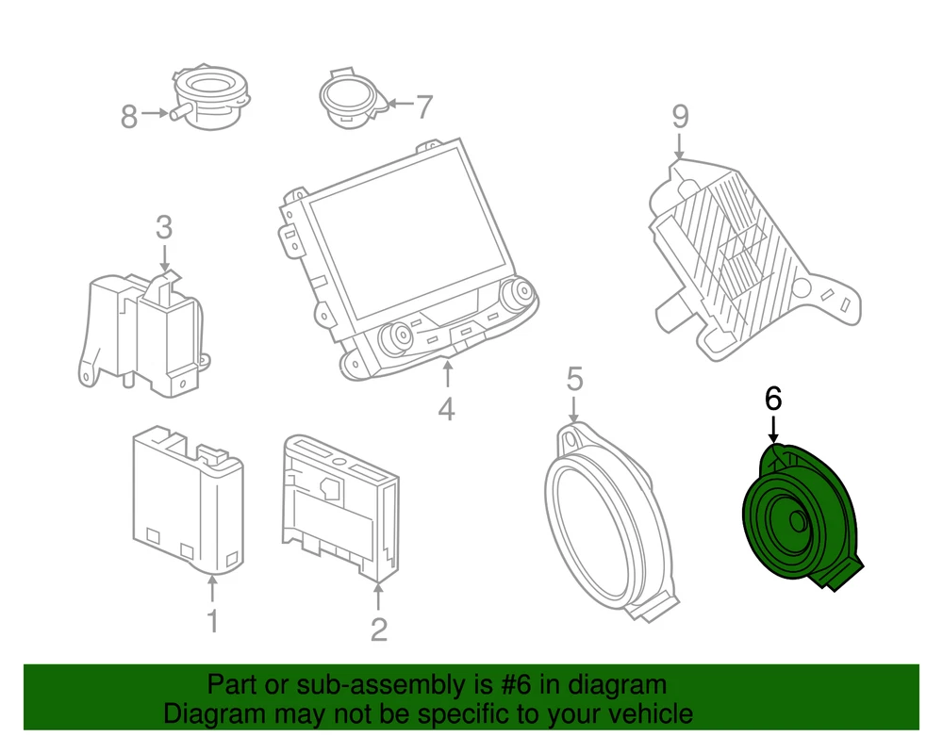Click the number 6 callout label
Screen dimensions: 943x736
[773, 399]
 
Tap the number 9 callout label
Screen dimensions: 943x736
[680, 117]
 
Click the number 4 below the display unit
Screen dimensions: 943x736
[446, 410]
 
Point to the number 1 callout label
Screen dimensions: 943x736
[212, 621]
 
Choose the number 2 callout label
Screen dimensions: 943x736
[379, 630]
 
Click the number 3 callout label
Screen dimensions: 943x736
[164, 228]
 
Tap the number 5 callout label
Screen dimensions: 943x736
[575, 379]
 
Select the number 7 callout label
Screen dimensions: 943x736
[424, 106]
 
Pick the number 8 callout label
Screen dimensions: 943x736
[129, 117]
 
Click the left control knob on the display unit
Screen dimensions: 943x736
[394, 337]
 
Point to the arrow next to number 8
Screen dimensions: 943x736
[156, 112]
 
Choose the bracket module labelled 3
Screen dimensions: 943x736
[144, 333]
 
